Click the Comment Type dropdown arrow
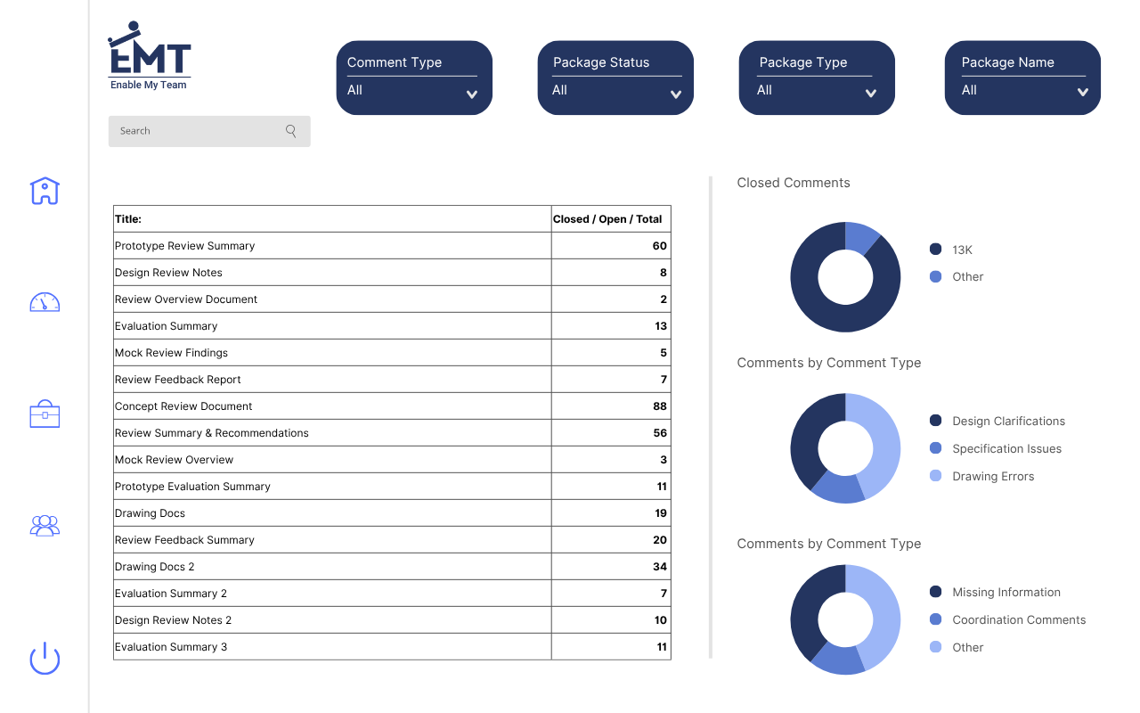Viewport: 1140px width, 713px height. (x=472, y=94)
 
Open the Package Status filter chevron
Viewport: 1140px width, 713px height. (x=676, y=94)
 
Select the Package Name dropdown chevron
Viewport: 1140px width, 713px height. (x=1082, y=92)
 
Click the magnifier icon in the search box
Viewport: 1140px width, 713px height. (x=291, y=131)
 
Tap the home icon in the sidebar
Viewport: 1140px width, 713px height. (x=45, y=191)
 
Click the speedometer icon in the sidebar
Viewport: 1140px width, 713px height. (x=45, y=302)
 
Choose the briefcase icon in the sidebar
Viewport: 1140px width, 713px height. (x=45, y=414)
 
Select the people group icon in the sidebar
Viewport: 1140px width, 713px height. (x=45, y=526)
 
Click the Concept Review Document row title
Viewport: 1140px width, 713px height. (x=183, y=406)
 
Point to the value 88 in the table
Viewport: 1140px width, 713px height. (x=659, y=406)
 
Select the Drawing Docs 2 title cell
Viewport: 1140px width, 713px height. (x=154, y=567)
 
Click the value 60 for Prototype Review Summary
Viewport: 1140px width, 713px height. (x=659, y=246)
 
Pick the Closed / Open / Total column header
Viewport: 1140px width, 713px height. (x=607, y=219)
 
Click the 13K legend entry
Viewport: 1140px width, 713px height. (x=962, y=250)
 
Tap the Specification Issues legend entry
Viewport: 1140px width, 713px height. (x=1006, y=449)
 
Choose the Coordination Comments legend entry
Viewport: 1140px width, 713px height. (x=1019, y=620)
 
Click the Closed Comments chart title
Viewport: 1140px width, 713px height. (x=794, y=183)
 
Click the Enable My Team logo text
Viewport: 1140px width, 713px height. (x=149, y=86)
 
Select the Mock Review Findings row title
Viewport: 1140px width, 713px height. (x=171, y=353)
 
